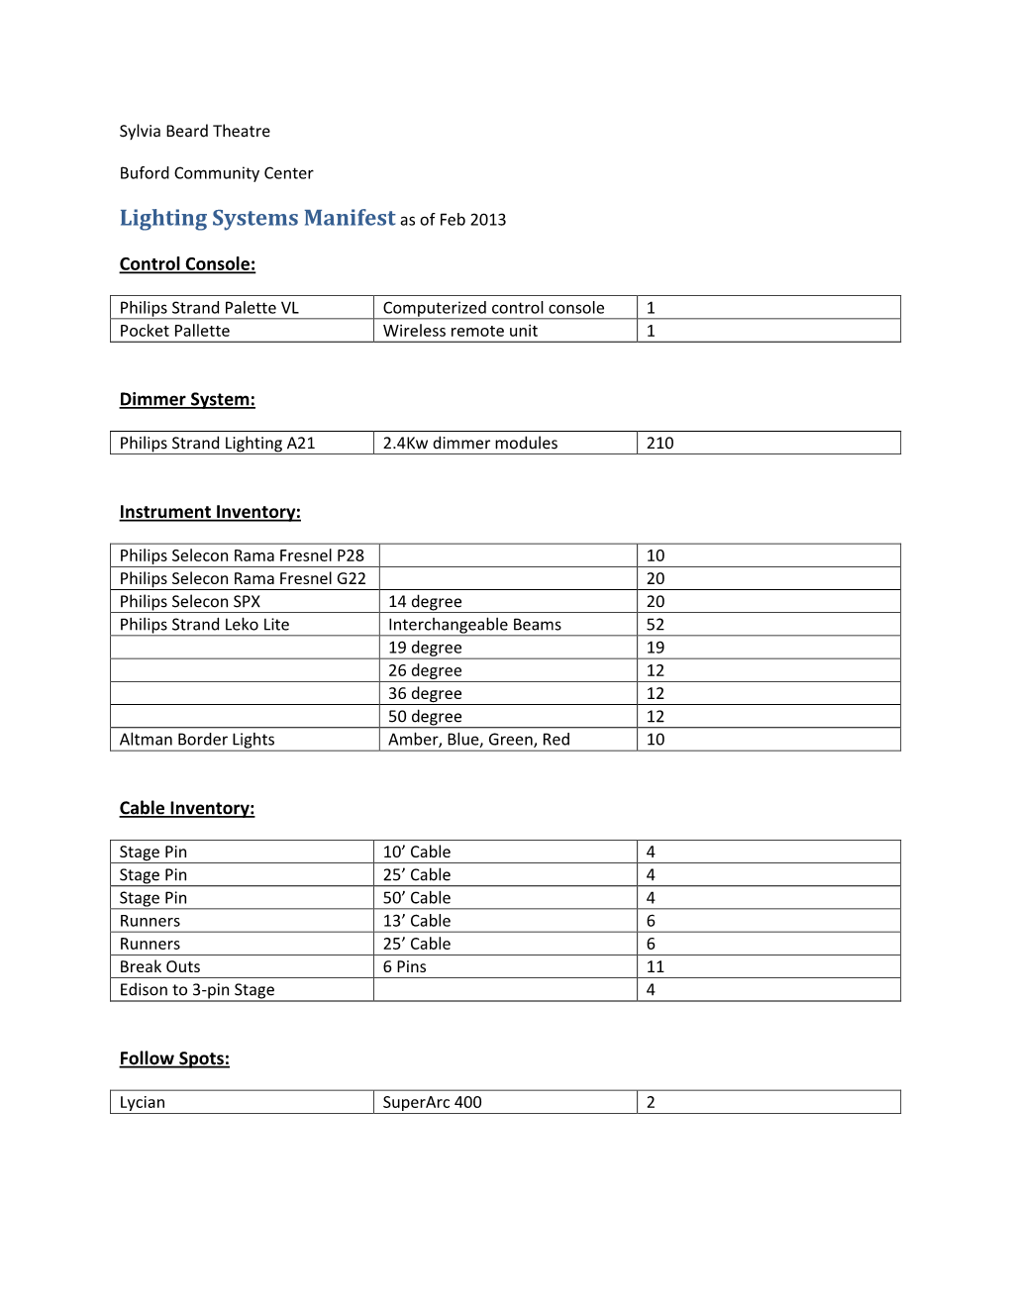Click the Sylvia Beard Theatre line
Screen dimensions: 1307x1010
pos(194,131)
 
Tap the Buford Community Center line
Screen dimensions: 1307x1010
pos(216,173)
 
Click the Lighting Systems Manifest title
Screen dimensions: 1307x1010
pos(257,218)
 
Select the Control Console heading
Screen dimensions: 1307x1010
pos(187,264)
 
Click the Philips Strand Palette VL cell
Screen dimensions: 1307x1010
pos(209,308)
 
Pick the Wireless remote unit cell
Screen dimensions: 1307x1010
pos(460,331)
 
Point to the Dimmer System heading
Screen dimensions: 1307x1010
pos(187,399)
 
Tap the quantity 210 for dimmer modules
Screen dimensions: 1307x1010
pos(659,444)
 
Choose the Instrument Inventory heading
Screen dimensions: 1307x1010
pos(210,512)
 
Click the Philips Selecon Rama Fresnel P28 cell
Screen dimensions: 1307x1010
pos(242,555)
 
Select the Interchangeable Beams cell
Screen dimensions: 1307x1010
pos(474,625)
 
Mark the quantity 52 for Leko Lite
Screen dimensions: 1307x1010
pos(656,625)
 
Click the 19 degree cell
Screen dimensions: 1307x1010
pos(425,648)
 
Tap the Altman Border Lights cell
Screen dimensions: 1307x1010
pos(197,740)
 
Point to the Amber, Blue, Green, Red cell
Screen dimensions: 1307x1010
pos(478,740)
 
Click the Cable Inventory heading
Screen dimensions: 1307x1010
pos(187,808)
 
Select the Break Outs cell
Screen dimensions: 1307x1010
pos(159,967)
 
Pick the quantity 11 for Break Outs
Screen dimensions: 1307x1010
pos(656,967)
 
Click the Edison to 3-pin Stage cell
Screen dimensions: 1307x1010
pos(197,990)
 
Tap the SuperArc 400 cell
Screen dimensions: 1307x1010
pos(432,1102)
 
